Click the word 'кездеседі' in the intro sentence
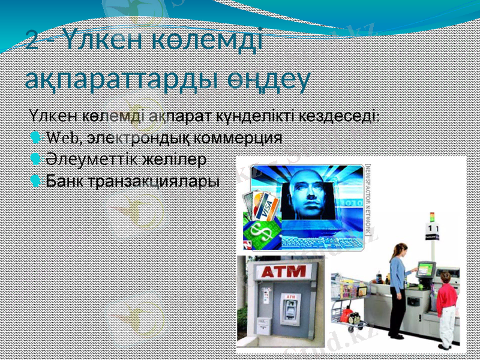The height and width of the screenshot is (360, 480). (339, 115)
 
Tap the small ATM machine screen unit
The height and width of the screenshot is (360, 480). (289, 309)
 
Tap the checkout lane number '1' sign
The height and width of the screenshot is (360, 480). (432, 229)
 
